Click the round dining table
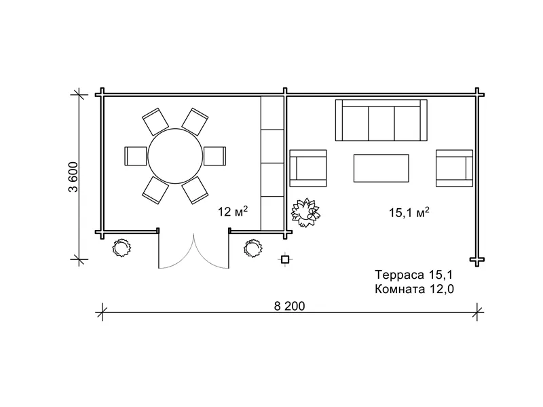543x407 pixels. (x=175, y=156)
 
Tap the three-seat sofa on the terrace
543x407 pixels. (x=381, y=120)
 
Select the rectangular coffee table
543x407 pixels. (x=381, y=168)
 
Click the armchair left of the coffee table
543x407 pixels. (x=308, y=168)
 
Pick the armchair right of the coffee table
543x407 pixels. (x=454, y=168)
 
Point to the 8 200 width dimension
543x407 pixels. (x=290, y=307)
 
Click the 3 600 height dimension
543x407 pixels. (x=73, y=177)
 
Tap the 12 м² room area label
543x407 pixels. (x=233, y=211)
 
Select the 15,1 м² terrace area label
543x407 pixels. (x=409, y=212)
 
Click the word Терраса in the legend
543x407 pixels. (x=399, y=275)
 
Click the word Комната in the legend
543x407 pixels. (x=400, y=289)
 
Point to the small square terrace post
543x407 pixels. (x=284, y=259)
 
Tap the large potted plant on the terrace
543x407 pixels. (x=305, y=212)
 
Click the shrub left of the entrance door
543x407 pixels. (x=121, y=248)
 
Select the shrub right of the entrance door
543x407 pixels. (x=253, y=248)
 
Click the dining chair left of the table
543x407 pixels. (x=135, y=156)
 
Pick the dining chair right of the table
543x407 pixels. (x=214, y=156)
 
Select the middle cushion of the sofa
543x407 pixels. (x=381, y=123)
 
